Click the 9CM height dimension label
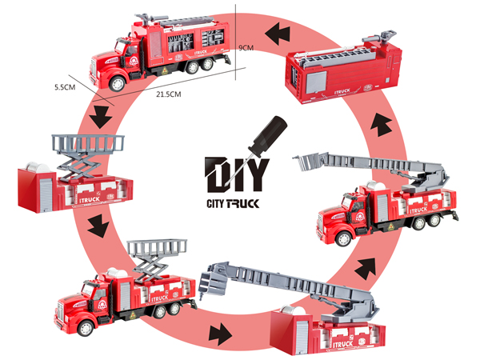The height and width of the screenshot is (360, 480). (246, 48)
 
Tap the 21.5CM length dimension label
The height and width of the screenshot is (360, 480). (169, 94)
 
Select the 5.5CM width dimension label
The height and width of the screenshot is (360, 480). (65, 87)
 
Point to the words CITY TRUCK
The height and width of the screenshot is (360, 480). (233, 203)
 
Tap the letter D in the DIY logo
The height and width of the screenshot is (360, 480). (216, 174)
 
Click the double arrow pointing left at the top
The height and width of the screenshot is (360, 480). (278, 33)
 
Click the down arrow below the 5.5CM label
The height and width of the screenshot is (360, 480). (101, 117)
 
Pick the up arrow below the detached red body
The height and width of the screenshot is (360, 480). (382, 124)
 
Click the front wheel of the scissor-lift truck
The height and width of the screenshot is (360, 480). (86, 328)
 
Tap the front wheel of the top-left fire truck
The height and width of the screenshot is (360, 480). (118, 83)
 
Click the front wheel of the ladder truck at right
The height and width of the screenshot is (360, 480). (343, 238)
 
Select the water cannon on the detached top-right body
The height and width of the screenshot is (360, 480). (379, 37)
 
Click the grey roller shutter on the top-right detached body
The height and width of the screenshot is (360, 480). (317, 82)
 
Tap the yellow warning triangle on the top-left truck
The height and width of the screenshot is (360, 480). (164, 71)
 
